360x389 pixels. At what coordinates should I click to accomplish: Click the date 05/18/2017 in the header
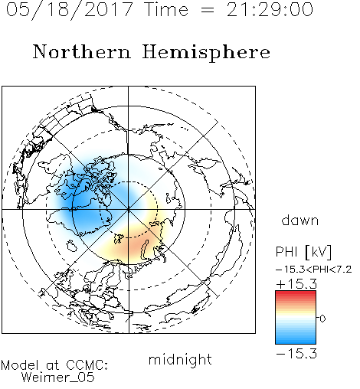(x=69, y=10)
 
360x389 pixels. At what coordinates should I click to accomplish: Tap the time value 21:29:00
(x=270, y=9)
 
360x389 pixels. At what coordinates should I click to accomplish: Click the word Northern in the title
(x=82, y=51)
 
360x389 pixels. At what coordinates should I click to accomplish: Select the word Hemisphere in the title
(x=206, y=53)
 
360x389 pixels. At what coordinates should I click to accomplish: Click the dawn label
(x=300, y=220)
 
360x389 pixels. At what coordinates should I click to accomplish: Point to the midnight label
(x=180, y=359)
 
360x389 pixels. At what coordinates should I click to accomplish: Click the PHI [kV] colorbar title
(x=303, y=252)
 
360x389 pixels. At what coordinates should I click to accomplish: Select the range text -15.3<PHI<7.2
(x=314, y=270)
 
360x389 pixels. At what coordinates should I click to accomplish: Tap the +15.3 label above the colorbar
(x=296, y=284)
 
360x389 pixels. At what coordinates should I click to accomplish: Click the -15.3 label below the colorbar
(x=296, y=354)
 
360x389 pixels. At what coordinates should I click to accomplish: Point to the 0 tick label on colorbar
(x=322, y=319)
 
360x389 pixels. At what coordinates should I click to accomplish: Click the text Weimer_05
(x=58, y=378)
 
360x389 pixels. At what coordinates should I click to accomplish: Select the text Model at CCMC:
(x=54, y=365)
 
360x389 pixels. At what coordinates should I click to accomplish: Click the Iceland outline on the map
(x=71, y=246)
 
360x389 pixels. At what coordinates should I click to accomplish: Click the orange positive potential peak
(x=136, y=246)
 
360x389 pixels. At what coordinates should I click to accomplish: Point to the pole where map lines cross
(x=129, y=209)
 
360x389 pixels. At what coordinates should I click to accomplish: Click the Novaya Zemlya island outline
(x=145, y=250)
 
